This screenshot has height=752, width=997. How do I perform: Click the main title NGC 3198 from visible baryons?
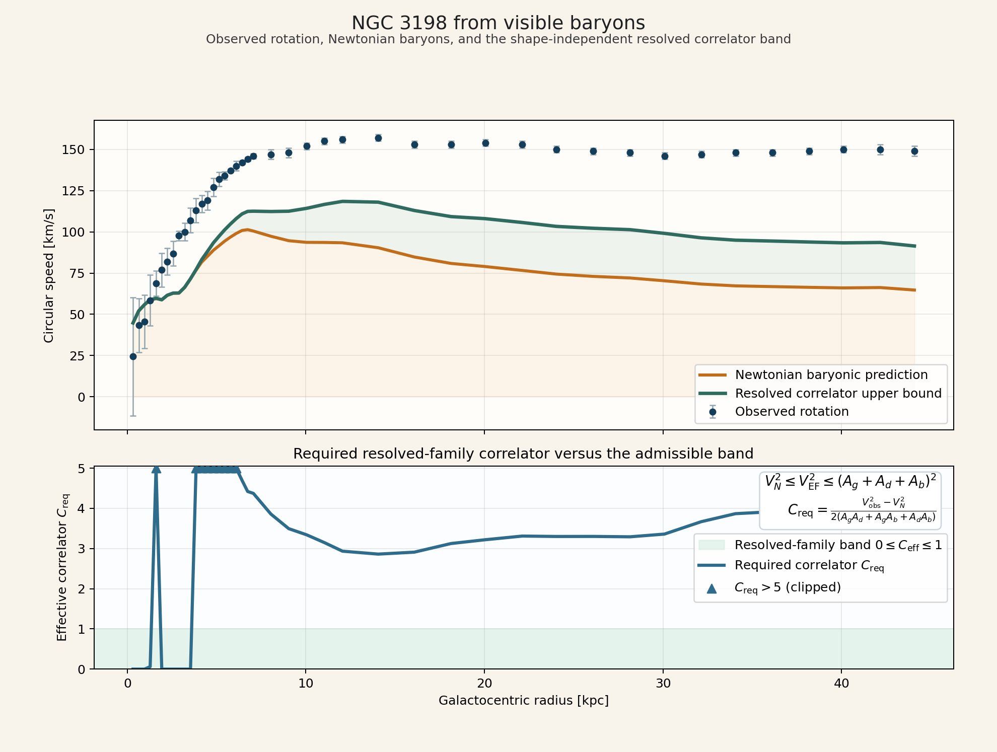click(x=498, y=23)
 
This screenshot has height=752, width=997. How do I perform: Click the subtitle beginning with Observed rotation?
click(x=498, y=39)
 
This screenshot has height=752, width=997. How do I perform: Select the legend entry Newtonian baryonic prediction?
click(x=831, y=375)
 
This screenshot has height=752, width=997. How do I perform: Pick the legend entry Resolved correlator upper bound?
click(x=838, y=393)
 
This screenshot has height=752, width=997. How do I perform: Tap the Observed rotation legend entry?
click(x=792, y=412)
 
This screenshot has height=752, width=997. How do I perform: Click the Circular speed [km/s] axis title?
click(x=49, y=275)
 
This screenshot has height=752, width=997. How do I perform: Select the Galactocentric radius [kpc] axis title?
click(x=524, y=701)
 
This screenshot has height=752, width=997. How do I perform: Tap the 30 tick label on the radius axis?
click(x=663, y=684)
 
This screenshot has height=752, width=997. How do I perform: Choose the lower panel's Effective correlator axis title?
click(x=62, y=567)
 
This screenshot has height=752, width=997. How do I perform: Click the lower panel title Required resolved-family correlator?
click(x=523, y=454)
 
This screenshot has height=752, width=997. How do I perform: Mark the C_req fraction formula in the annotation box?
click(x=862, y=510)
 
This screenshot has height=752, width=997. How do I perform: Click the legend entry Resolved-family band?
click(x=838, y=545)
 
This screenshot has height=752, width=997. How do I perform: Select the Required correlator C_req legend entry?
click(x=809, y=566)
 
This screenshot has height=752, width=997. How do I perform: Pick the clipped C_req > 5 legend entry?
click(x=788, y=587)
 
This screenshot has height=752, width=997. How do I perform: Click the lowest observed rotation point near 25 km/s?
click(x=133, y=356)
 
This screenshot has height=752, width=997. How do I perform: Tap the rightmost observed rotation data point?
click(x=914, y=151)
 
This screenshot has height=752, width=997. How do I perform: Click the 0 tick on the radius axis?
click(x=127, y=684)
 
